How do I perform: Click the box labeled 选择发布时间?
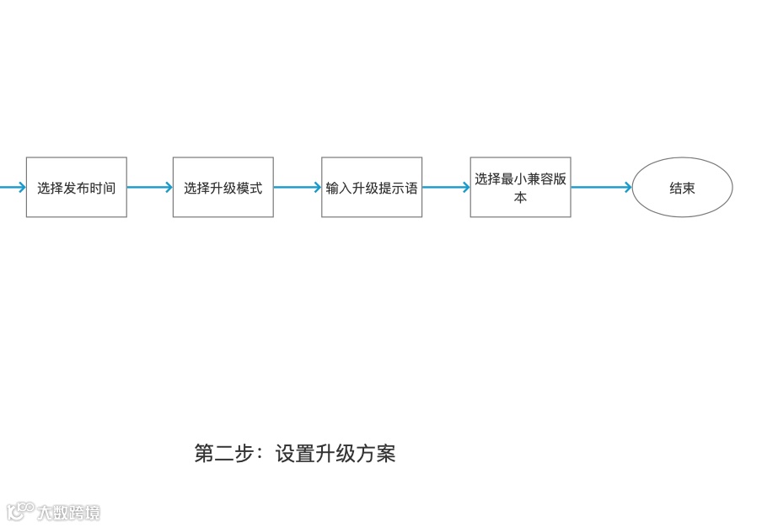77,187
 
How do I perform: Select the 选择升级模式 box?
223,187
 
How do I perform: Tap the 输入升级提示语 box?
372,187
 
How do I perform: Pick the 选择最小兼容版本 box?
520,187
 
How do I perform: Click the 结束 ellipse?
682,188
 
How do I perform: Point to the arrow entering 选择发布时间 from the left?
12,188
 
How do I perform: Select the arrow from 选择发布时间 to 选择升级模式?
149,188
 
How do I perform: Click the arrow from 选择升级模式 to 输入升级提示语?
297,188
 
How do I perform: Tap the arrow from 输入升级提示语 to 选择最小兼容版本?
446,188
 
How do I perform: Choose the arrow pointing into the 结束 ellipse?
601,188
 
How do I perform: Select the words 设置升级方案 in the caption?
335,454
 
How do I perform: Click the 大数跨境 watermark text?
68,512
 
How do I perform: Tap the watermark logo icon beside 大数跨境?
20,511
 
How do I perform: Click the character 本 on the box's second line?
520,198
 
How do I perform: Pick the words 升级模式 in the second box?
236,188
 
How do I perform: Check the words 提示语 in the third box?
399,188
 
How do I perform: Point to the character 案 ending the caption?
385,454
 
